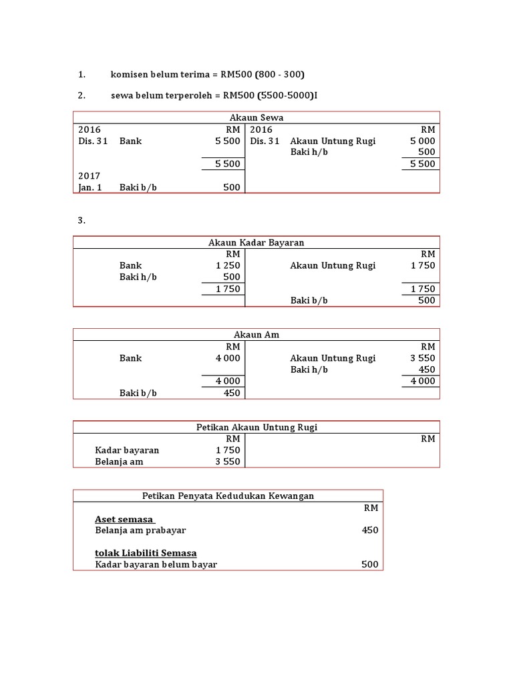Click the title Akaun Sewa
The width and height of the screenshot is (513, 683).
(256, 118)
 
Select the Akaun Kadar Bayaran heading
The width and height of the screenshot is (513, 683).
(256, 243)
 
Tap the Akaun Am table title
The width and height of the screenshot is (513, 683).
(256, 335)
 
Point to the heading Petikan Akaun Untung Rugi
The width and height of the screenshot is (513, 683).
(256, 427)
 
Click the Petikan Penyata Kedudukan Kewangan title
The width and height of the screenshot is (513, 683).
(228, 496)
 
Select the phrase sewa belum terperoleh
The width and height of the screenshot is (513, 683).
(160, 95)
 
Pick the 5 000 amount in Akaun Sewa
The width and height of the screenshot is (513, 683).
(422, 141)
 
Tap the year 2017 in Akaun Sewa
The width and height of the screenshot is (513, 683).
(89, 176)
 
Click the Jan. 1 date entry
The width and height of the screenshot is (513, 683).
(90, 187)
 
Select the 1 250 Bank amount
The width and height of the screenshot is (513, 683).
(228, 265)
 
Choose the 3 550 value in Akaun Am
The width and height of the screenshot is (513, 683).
(422, 358)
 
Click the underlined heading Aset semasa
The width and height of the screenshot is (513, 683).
(125, 519)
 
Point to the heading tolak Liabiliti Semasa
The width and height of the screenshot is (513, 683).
(146, 553)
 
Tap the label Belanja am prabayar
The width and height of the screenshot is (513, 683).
(140, 530)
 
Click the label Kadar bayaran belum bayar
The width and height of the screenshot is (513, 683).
(156, 564)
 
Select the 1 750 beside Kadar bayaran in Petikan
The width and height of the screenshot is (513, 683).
(228, 450)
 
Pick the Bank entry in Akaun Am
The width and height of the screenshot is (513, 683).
(131, 358)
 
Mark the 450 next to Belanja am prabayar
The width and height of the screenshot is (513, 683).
(370, 530)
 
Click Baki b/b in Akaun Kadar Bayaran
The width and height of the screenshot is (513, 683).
(309, 300)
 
